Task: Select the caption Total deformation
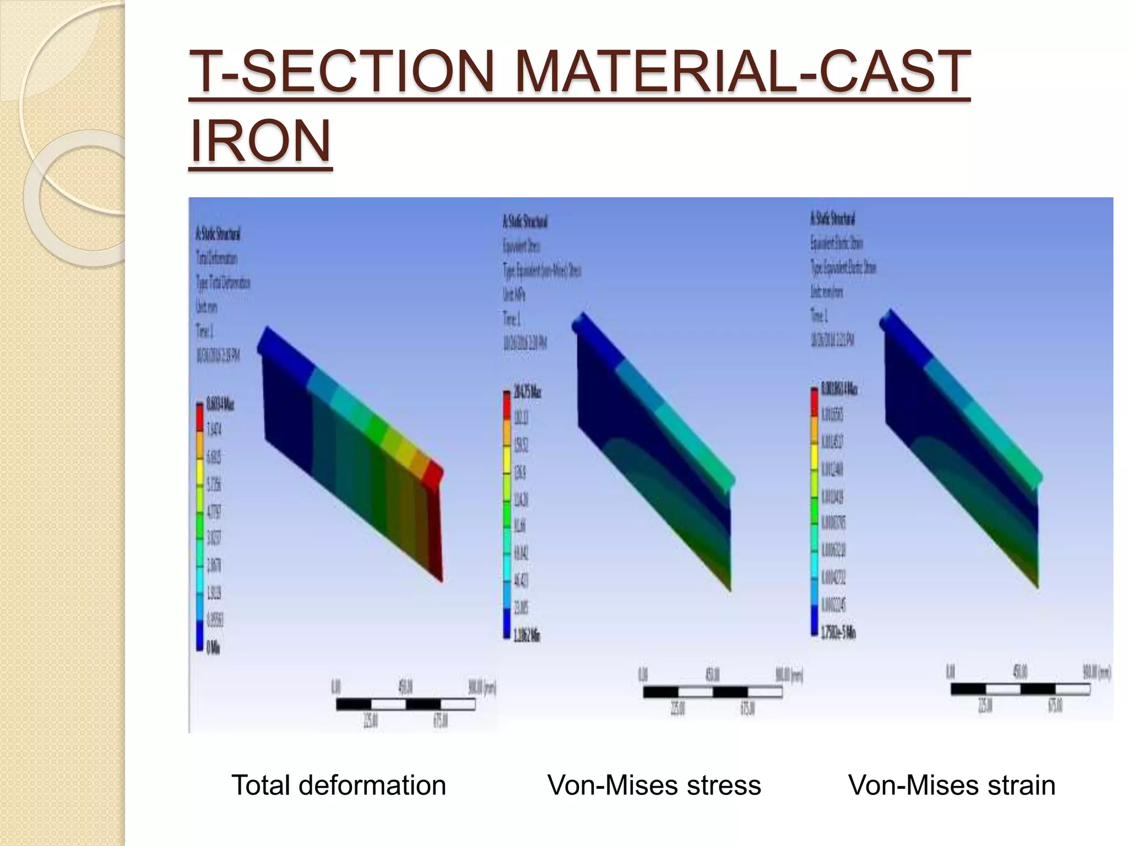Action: click(x=338, y=785)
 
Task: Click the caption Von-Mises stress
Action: click(x=654, y=785)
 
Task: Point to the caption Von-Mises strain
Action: click(x=951, y=785)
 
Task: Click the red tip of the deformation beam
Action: click(x=433, y=474)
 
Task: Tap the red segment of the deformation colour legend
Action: click(x=199, y=416)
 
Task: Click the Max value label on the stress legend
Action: click(x=527, y=392)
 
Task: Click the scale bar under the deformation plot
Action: click(x=405, y=704)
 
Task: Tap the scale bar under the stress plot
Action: click(x=712, y=692)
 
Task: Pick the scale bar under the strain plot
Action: click(x=1020, y=689)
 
